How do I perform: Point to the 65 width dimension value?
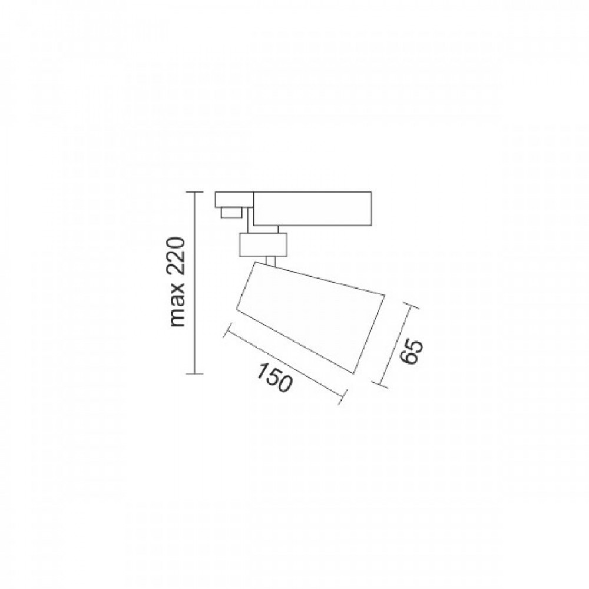411,352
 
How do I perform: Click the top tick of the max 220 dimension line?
195,192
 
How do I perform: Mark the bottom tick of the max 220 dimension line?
195,374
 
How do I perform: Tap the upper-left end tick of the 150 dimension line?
227,330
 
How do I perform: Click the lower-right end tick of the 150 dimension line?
340,396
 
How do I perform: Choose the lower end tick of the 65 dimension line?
380,383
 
